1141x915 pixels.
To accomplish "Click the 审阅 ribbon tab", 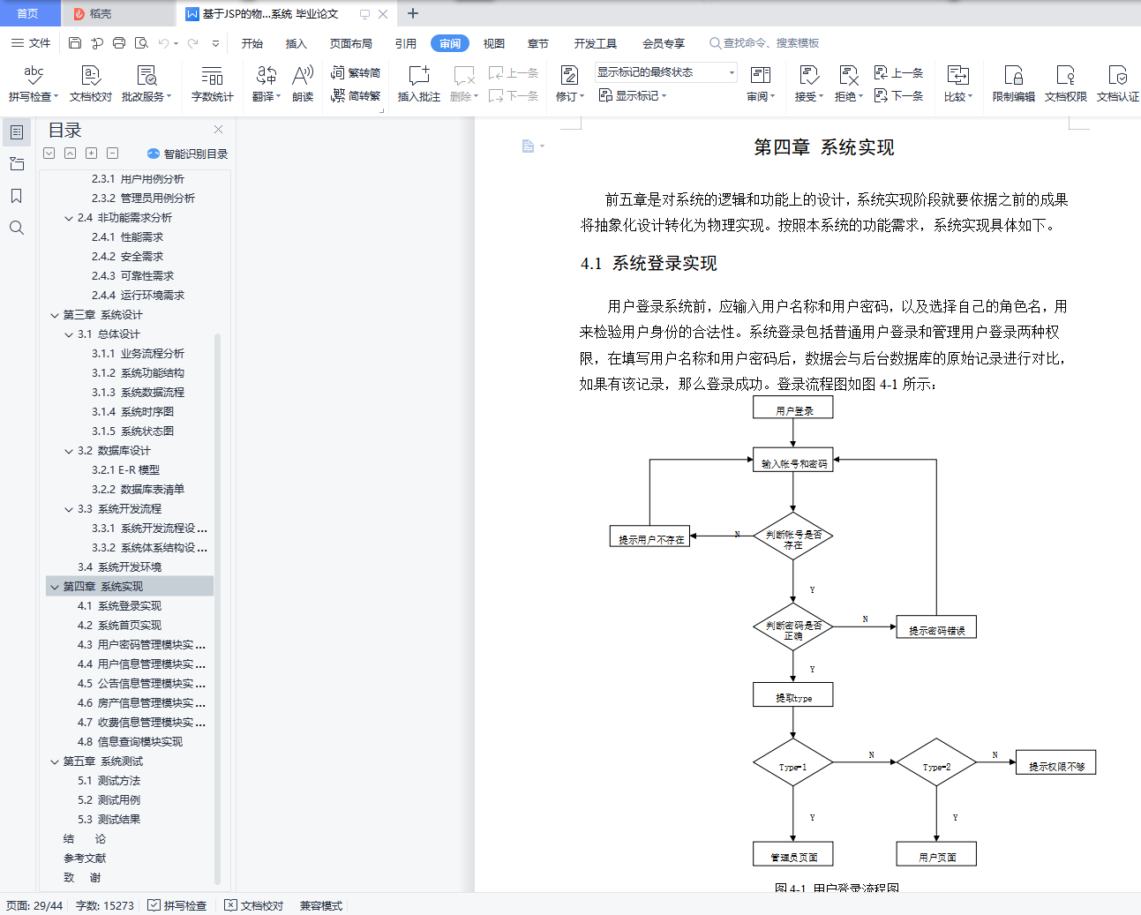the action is tap(450, 43).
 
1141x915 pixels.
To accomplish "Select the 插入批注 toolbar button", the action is tap(419, 83).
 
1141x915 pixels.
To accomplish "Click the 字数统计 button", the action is tap(212, 83).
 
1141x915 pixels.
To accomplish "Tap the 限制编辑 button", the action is tap(1013, 83).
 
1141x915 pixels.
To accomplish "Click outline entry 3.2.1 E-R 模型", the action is tap(125, 469).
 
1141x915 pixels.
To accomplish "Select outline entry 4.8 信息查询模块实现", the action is tap(130, 742).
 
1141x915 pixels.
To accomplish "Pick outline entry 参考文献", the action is tap(85, 858).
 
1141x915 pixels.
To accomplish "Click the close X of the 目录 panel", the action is tap(219, 130).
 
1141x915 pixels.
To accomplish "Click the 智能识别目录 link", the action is tap(188, 154).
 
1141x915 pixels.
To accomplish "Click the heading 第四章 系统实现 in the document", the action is tap(824, 146).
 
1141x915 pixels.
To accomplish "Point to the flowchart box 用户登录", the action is tap(793, 408).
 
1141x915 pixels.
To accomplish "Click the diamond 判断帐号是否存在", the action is tap(793, 536).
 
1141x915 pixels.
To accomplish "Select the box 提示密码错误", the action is tap(936, 627).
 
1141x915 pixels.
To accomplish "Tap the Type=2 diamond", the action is tap(936, 762).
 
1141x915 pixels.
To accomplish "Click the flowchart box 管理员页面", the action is tap(793, 853).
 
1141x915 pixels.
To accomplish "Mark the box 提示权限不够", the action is tap(1055, 762).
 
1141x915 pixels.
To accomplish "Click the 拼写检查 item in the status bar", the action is tap(177, 905).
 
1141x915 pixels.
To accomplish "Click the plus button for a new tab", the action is tap(412, 14).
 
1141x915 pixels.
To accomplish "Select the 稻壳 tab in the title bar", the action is tap(94, 14).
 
